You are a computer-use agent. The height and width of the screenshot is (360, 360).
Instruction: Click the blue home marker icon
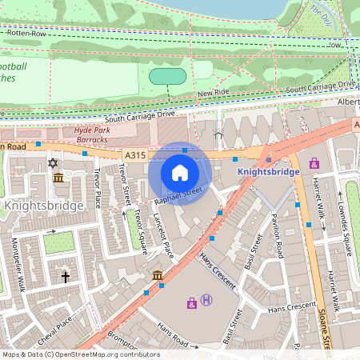click(x=180, y=173)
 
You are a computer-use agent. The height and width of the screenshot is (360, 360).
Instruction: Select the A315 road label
click(x=134, y=154)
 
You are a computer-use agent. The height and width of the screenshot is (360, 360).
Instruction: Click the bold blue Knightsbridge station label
click(x=269, y=171)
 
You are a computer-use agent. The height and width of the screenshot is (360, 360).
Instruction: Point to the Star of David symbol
click(x=54, y=162)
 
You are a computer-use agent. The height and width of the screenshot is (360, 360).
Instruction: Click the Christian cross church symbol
click(x=66, y=277)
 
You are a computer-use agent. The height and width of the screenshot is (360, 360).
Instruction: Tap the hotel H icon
click(x=207, y=300)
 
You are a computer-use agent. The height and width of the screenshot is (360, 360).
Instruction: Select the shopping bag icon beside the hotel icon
click(x=192, y=302)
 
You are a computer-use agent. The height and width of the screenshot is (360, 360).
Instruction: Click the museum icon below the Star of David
click(x=58, y=178)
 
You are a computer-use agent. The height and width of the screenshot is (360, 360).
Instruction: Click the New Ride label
click(x=214, y=94)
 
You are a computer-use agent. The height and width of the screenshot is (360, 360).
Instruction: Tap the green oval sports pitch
click(x=168, y=76)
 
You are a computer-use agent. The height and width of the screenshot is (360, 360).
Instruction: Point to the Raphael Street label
click(x=178, y=193)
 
